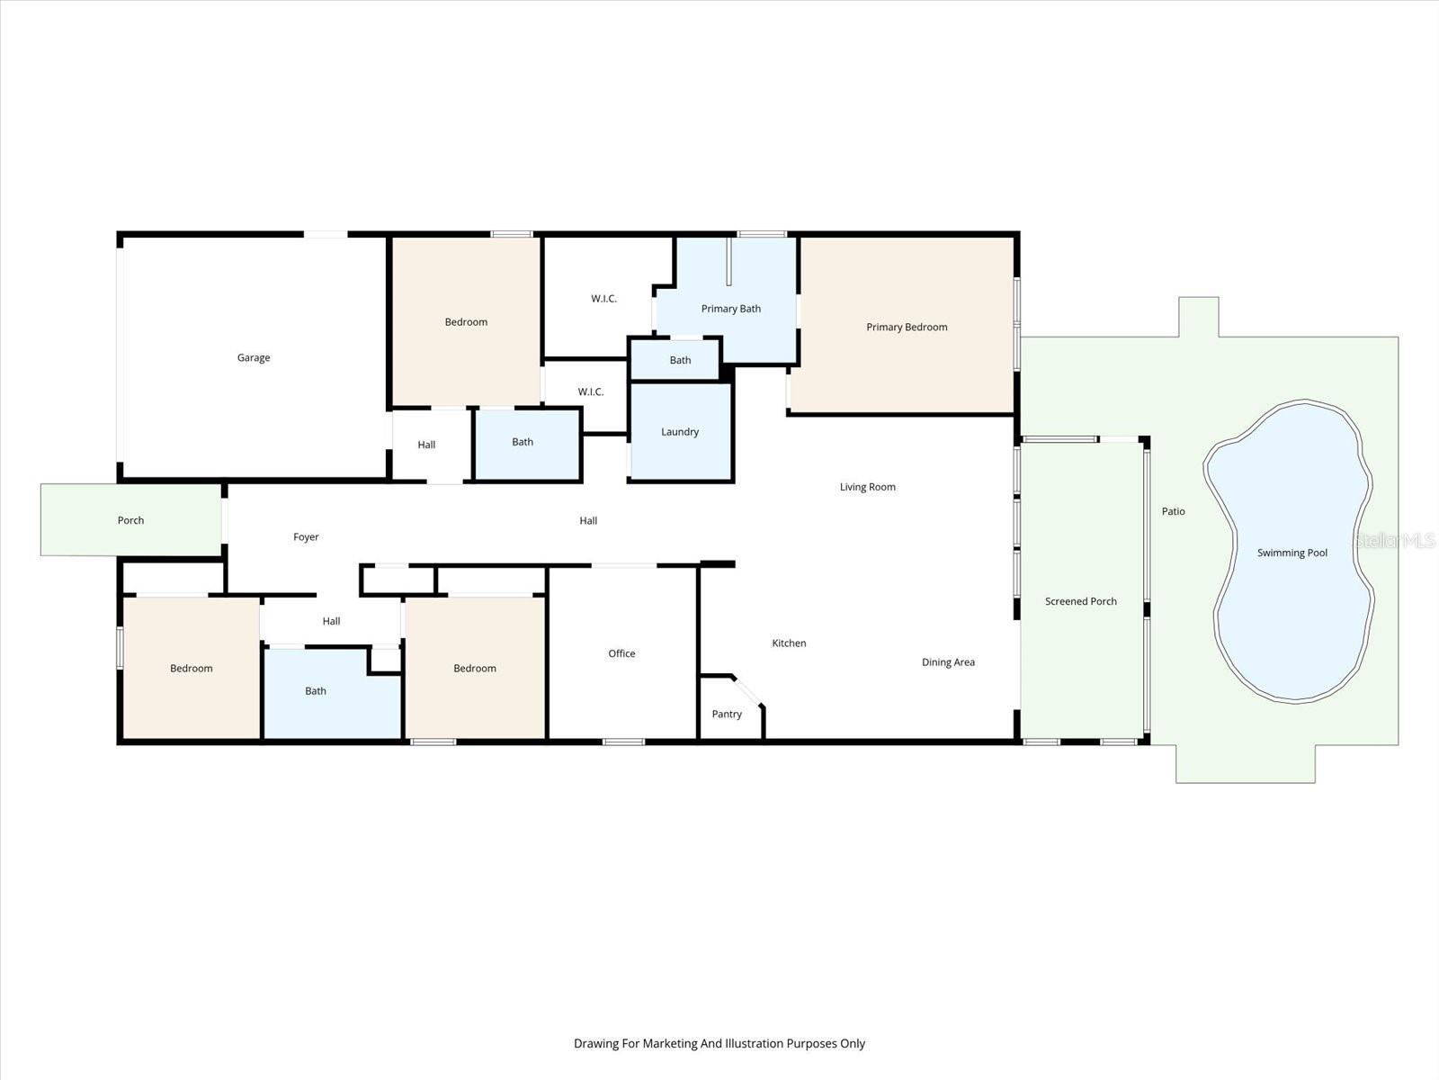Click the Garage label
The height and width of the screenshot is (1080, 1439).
(x=254, y=357)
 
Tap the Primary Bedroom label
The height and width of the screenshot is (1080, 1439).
(x=907, y=327)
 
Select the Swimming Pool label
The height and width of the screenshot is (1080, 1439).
(x=1292, y=553)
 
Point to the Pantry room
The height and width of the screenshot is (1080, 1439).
(x=727, y=714)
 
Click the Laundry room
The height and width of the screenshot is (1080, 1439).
(x=680, y=431)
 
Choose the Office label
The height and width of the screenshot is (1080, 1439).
(x=621, y=653)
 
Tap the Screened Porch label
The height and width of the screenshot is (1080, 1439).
(x=1080, y=601)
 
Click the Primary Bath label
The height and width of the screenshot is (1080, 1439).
(x=730, y=309)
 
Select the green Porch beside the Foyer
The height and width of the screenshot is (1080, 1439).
(x=130, y=520)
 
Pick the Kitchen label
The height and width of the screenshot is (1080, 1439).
(x=789, y=643)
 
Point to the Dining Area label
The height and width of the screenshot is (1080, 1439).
(x=948, y=662)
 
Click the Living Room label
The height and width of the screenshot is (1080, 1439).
(x=867, y=487)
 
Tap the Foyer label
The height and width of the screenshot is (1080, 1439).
(x=306, y=536)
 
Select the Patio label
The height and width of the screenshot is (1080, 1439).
(x=1173, y=511)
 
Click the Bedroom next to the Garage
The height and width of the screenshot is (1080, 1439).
(x=466, y=321)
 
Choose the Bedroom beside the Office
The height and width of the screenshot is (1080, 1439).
(x=474, y=668)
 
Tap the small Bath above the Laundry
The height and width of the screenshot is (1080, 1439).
(x=680, y=360)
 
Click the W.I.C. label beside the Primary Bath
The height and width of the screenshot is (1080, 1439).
(x=603, y=298)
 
